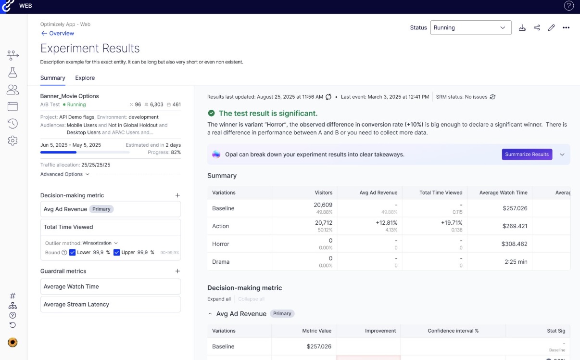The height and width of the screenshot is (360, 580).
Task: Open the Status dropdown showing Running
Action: click(470, 27)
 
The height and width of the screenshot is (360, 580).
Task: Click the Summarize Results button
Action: click(527, 154)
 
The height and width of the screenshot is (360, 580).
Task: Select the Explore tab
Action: click(85, 78)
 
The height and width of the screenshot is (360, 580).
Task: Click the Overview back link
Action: click(57, 33)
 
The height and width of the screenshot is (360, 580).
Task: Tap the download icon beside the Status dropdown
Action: click(522, 27)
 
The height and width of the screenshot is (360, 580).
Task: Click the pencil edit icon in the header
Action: click(552, 27)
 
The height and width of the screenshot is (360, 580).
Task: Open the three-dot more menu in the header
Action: click(566, 27)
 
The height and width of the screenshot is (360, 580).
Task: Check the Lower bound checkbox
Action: click(73, 252)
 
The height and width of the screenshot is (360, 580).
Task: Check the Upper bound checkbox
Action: click(117, 252)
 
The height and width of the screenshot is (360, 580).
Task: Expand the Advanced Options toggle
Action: click(65, 174)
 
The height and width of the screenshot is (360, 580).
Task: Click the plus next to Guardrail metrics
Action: click(177, 271)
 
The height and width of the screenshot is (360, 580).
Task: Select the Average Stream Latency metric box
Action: click(111, 304)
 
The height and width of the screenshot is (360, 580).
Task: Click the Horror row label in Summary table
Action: click(220, 244)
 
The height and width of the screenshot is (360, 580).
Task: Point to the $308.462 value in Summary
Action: click(515, 244)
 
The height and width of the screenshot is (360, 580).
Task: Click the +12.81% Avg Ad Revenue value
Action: click(387, 223)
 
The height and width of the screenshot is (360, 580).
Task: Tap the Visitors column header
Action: click(323, 193)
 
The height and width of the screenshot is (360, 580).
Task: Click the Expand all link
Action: click(219, 299)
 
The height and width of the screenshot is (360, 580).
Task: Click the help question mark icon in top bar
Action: click(568, 6)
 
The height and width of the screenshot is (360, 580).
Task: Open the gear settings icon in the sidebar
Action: click(13, 141)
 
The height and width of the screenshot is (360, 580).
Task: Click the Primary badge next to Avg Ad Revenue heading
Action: click(282, 314)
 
